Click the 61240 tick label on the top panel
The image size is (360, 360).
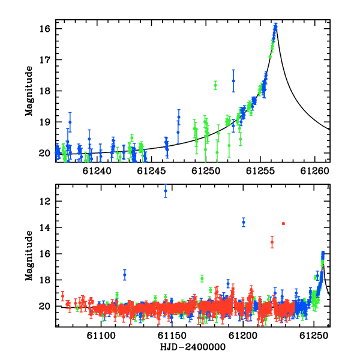(x=97, y=171)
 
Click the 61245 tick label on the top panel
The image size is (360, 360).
(x=151, y=171)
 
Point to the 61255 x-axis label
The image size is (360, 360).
(x=260, y=171)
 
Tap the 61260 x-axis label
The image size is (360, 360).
(x=314, y=171)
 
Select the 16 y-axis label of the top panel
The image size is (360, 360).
(x=44, y=29)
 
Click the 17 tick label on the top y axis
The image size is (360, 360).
(x=44, y=60)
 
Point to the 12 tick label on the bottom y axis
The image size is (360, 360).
(x=44, y=202)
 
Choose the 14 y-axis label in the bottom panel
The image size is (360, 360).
(x=44, y=227)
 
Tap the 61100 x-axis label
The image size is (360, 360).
(x=101, y=336)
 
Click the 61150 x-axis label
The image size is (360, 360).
(x=172, y=336)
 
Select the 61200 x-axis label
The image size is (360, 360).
(x=243, y=336)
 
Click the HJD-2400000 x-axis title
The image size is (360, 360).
(x=193, y=347)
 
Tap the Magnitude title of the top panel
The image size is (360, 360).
(x=29, y=91)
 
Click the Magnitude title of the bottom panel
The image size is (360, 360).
(x=29, y=256)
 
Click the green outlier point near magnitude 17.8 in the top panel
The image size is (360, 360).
(x=215, y=85)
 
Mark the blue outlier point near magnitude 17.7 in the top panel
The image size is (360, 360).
(x=233, y=81)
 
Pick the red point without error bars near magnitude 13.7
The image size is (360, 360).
(x=284, y=224)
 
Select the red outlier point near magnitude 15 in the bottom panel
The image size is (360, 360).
(x=272, y=242)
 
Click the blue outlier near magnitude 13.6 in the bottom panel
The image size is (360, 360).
(x=244, y=222)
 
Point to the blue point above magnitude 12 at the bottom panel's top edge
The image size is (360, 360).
(x=166, y=191)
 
